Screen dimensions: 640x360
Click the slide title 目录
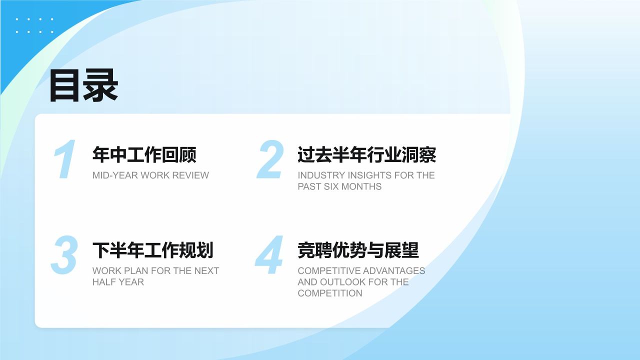(83, 85)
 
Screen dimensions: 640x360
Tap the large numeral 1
(65, 159)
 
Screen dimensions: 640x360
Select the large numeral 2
(270, 159)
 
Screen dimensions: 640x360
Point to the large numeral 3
(64, 255)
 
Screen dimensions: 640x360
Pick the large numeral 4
(269, 255)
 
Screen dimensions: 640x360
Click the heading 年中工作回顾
(144, 154)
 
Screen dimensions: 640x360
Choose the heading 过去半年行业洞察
(367, 154)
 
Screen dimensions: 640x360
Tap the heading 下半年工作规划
(153, 250)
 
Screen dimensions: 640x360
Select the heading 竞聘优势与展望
(358, 250)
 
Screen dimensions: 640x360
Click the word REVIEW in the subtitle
(190, 175)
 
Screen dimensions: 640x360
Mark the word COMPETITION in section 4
(330, 293)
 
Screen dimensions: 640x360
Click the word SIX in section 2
(331, 186)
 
